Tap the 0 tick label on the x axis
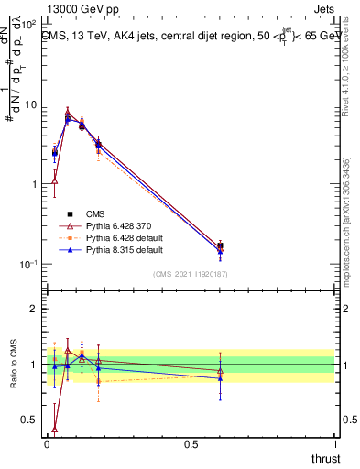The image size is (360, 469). pos(47,444)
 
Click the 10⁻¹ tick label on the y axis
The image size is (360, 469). pos(28,265)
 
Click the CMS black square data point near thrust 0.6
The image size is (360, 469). pos(220,245)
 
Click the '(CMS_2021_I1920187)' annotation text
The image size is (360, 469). pos(189,273)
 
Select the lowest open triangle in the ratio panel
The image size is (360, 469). pos(55,428)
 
